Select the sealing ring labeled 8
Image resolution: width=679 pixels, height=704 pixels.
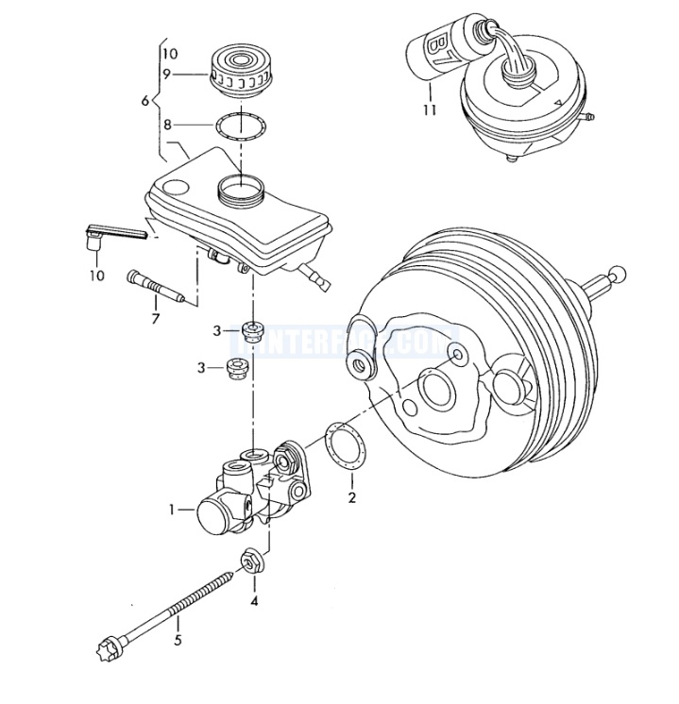click(x=241, y=125)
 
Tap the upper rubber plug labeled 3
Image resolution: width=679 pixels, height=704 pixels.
click(x=252, y=330)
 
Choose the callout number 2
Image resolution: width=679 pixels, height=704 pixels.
click(x=351, y=497)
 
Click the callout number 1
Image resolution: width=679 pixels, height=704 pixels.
click(x=173, y=510)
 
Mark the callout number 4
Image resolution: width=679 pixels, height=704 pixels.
click(x=253, y=599)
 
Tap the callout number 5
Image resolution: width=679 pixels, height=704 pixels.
click(x=177, y=641)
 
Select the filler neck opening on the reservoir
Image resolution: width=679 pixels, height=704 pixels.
click(x=242, y=191)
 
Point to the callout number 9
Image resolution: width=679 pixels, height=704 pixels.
click(x=165, y=75)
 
